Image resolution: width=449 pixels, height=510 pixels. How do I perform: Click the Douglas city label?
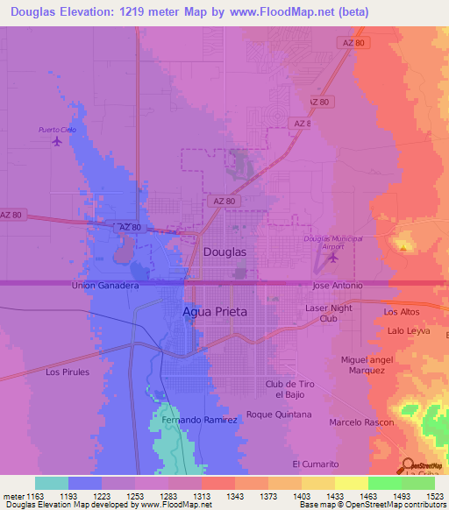224,251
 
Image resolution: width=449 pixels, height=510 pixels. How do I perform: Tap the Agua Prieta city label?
215,311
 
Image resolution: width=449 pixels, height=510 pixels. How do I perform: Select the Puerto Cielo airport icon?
58,140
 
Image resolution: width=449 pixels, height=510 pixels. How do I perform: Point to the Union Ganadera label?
105,286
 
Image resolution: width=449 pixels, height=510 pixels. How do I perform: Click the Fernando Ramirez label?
200,420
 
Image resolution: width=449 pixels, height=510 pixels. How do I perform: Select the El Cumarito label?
315,464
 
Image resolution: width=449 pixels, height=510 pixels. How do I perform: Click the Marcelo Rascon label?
358,422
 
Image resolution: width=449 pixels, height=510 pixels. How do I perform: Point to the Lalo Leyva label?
408,330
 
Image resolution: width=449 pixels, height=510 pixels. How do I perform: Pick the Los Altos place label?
403,312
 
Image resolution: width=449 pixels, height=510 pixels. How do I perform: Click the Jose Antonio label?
338,286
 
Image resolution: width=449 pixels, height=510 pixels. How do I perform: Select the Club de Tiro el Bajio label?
289,389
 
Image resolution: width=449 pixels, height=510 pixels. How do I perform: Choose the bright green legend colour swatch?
384,483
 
